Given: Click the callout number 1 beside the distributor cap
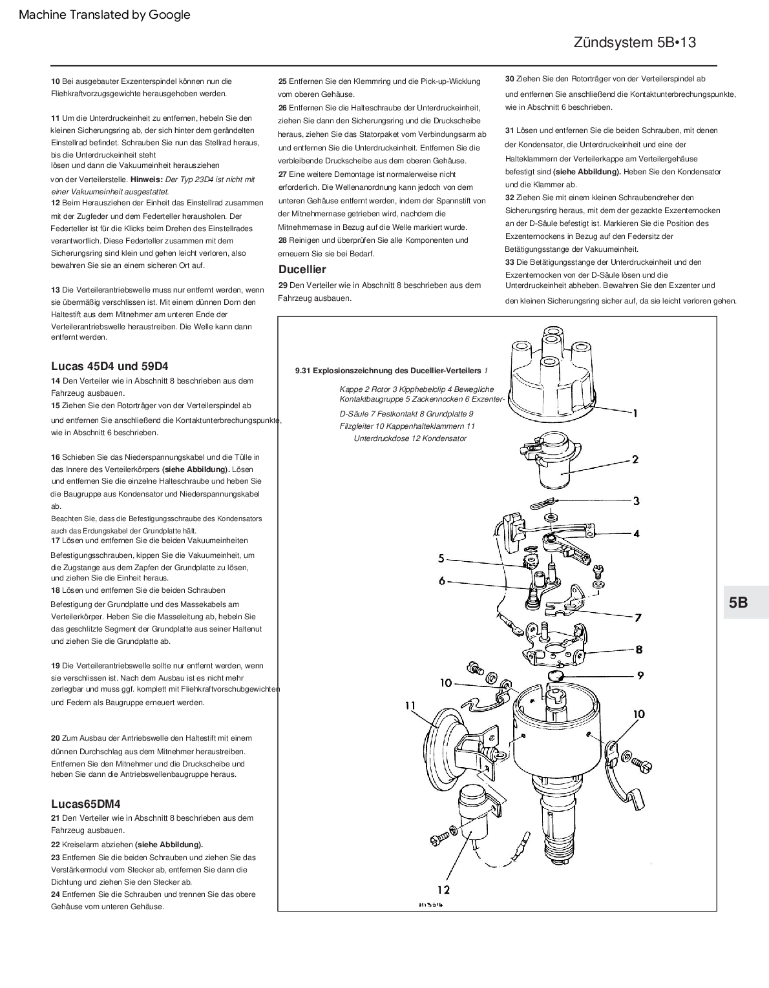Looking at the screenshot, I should [x=635, y=413].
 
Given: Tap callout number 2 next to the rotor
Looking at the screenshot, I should [x=635, y=460].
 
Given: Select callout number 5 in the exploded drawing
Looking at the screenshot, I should [x=441, y=558].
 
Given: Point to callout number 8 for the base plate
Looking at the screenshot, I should [x=638, y=650].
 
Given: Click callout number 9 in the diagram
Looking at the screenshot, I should [x=640, y=675].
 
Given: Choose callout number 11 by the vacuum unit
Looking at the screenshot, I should [x=410, y=706].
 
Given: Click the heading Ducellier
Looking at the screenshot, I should [x=302, y=269].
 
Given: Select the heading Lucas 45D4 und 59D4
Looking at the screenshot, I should [x=109, y=366].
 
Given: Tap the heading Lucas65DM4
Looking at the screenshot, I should [x=85, y=804].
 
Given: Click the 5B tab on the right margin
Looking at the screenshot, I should [x=738, y=602].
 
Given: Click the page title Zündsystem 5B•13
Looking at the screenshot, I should [x=634, y=43].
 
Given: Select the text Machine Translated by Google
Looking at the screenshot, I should [x=105, y=14].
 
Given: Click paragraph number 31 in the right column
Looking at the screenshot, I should [x=509, y=130].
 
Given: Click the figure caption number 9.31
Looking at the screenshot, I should [x=302, y=371].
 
